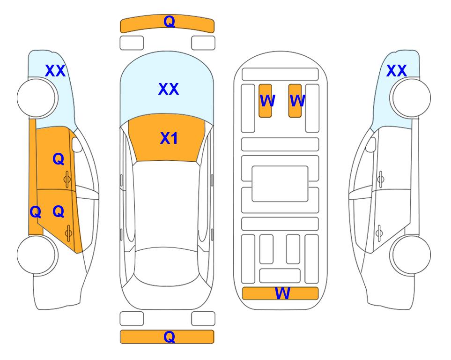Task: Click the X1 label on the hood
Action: coord(169,138)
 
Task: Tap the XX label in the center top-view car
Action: coord(169,89)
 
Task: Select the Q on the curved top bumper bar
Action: coord(169,21)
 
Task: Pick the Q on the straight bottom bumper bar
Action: coord(169,337)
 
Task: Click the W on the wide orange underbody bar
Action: coord(282,293)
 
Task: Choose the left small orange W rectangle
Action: coord(265,101)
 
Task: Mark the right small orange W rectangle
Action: coord(295,101)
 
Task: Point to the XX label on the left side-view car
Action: coord(55,71)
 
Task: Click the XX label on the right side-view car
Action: coord(396,71)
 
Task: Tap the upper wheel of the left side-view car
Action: coord(37,98)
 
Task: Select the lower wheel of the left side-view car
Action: coord(37,255)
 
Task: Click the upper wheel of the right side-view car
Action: coord(410,98)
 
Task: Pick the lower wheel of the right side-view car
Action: coord(410,255)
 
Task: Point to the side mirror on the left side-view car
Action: coord(77,144)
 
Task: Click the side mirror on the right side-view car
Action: coord(371,144)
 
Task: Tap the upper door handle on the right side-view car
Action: coord(380,179)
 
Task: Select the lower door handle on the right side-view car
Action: coord(379,233)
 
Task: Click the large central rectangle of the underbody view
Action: coord(280,184)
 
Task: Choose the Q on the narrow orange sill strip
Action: coord(36,212)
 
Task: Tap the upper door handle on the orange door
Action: coord(67,179)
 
